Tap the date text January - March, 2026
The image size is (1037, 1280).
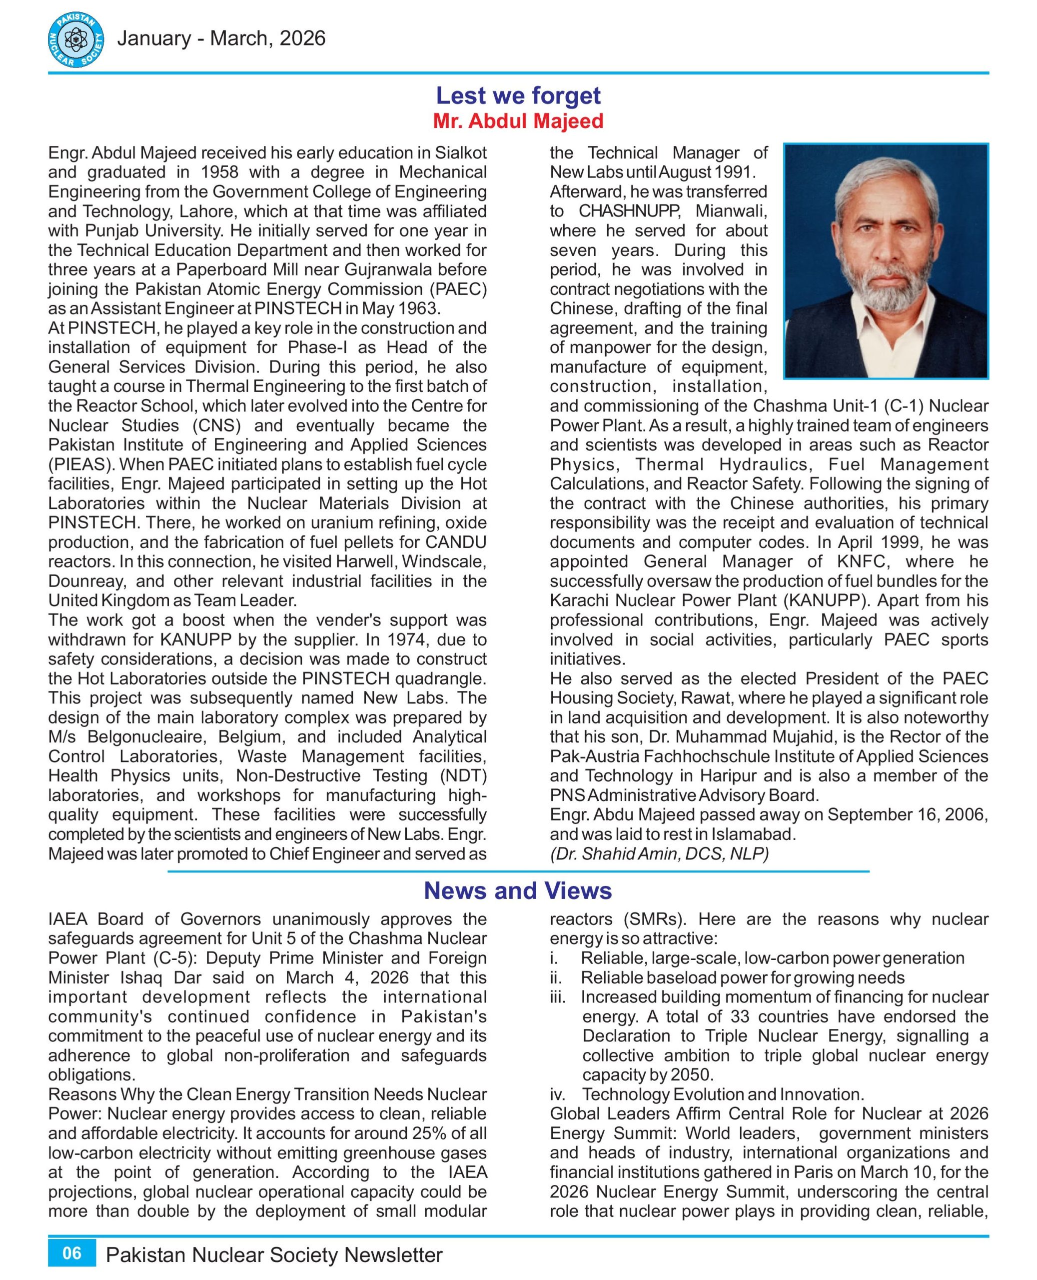(221, 39)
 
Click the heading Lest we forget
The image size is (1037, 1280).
(518, 95)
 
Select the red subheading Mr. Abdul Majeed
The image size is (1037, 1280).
(518, 121)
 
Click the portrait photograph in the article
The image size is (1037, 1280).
(886, 260)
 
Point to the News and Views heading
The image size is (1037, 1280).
(518, 890)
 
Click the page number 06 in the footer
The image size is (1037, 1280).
(71, 1252)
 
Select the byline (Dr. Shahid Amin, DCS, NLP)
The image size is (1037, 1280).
(659, 854)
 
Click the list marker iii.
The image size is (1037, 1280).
(558, 997)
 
